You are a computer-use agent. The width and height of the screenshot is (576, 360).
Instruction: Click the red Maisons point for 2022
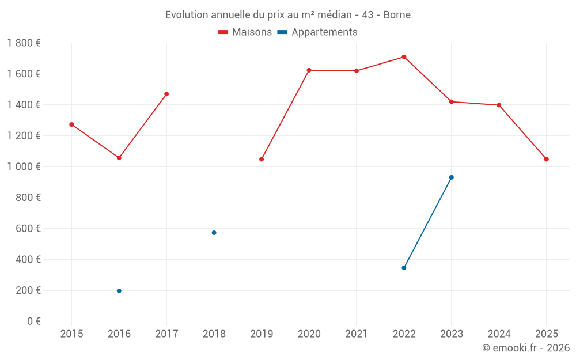tap(404, 57)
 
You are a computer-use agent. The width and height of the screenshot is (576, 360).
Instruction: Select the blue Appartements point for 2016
tap(119, 291)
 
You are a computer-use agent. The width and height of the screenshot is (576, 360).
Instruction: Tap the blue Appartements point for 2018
tap(214, 233)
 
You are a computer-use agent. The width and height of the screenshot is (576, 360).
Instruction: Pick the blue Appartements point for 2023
tap(452, 177)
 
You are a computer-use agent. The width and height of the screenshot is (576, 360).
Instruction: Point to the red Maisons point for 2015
tap(71, 124)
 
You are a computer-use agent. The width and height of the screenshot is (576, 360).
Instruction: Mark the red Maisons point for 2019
tap(262, 159)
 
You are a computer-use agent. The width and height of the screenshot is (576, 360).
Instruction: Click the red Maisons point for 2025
tap(547, 159)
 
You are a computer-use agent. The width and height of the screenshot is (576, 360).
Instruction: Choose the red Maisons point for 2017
tap(166, 94)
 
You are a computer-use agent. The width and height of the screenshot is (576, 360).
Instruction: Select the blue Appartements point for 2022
tap(404, 268)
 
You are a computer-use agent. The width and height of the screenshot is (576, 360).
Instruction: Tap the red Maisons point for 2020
tap(309, 70)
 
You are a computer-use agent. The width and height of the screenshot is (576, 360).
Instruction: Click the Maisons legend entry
tap(245, 32)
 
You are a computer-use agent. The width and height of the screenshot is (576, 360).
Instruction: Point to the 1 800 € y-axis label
tap(24, 43)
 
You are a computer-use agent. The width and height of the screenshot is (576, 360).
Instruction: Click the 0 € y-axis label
tap(33, 321)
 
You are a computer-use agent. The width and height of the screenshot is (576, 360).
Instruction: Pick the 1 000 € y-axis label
tap(24, 167)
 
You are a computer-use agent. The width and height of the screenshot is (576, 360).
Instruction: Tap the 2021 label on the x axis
tap(357, 334)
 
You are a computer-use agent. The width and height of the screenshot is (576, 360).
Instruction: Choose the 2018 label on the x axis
tap(214, 334)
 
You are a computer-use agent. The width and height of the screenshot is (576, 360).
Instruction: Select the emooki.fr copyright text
tap(526, 348)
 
